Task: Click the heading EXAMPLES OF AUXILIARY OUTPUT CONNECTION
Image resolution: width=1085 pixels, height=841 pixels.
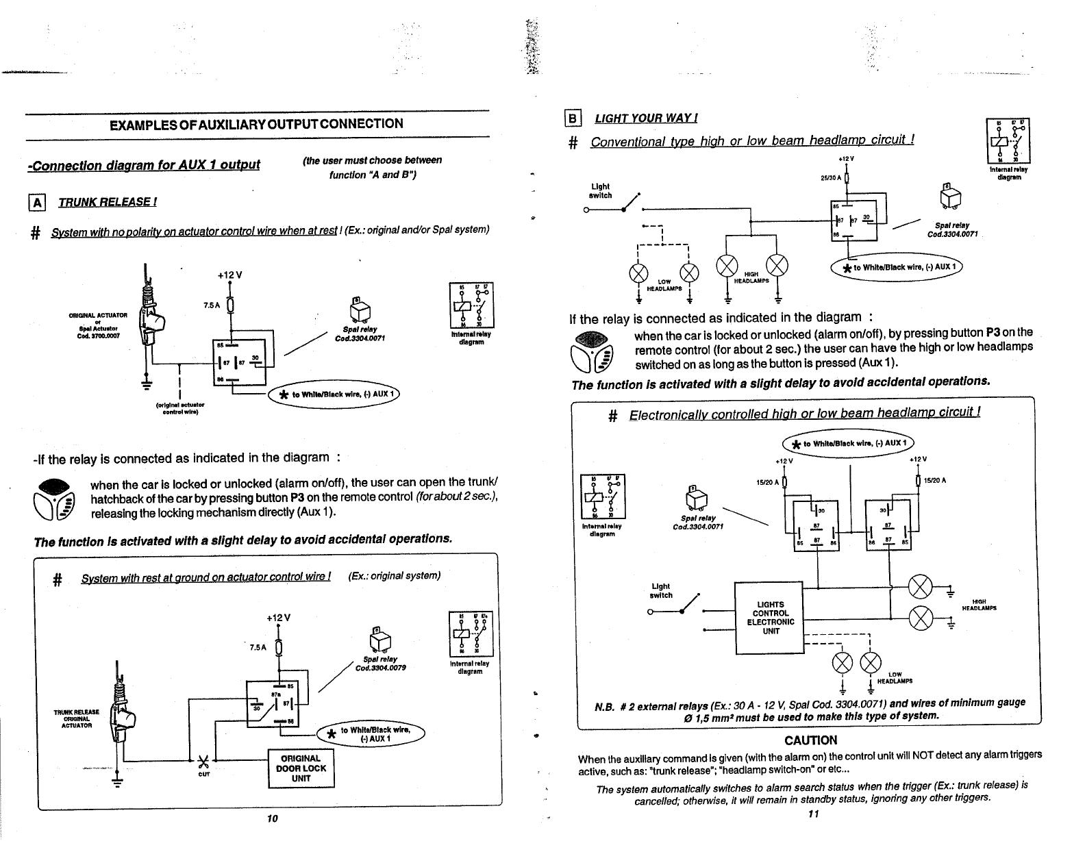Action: pyautogui.click(x=256, y=124)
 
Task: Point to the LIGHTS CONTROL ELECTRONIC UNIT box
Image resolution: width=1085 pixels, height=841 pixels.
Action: pyautogui.click(x=770, y=618)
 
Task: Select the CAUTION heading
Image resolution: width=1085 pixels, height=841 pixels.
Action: pyautogui.click(x=810, y=740)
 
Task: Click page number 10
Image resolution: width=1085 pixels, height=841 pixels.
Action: pyautogui.click(x=272, y=819)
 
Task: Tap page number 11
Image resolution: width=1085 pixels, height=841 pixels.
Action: pyautogui.click(x=813, y=814)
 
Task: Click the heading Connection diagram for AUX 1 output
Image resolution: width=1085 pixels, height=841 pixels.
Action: pyautogui.click(x=144, y=166)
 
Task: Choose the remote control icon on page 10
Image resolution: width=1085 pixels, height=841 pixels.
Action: pyautogui.click(x=58, y=495)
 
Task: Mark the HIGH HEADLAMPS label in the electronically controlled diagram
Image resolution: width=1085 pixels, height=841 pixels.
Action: pyautogui.click(x=979, y=605)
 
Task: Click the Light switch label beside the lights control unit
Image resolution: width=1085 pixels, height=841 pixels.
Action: pyautogui.click(x=661, y=590)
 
